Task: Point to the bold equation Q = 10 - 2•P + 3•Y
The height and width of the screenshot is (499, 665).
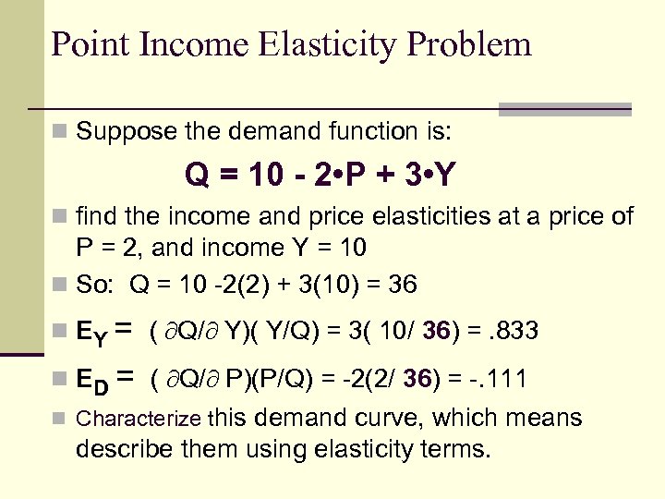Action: pos(320,174)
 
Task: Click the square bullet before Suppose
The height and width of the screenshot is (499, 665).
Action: pos(60,132)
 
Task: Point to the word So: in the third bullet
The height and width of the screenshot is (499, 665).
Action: pos(97,285)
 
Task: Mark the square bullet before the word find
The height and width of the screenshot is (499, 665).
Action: pos(60,218)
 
